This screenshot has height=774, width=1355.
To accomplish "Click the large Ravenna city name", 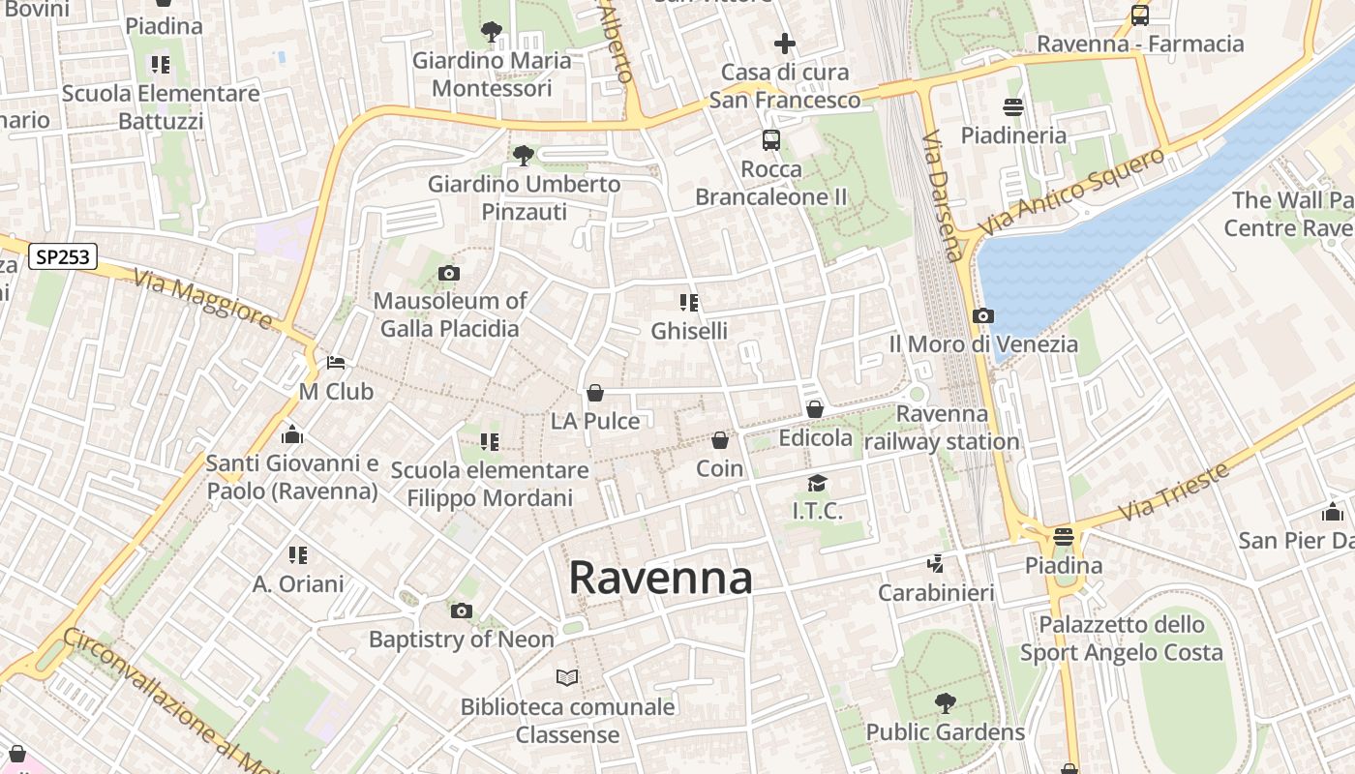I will click(660, 578).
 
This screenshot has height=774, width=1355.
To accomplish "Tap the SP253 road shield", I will click(63, 256).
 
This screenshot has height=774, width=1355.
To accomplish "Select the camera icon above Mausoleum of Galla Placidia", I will click(449, 274).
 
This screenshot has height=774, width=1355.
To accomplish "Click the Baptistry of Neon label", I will click(462, 640).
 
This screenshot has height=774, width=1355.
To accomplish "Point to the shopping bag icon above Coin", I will click(720, 441).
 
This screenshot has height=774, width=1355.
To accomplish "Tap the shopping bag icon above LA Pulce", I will click(595, 393).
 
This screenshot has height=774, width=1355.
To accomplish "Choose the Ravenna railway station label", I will click(942, 428).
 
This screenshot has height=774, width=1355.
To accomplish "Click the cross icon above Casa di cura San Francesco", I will click(785, 44).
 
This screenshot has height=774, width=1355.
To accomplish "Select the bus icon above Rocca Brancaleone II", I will click(771, 140).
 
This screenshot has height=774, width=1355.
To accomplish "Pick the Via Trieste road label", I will click(1173, 492).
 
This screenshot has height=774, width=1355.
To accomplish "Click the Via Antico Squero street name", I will click(1071, 192).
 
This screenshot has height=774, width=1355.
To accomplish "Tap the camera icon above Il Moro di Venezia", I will click(983, 316).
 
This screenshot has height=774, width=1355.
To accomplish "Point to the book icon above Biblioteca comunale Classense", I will click(567, 677).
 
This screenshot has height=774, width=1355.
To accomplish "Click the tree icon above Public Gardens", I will click(946, 703).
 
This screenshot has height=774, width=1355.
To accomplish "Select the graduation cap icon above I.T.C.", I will click(818, 483).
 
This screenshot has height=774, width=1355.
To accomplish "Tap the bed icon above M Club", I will click(336, 363).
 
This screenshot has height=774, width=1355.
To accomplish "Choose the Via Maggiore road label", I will click(203, 299).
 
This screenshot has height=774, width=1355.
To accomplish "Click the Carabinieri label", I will click(936, 592).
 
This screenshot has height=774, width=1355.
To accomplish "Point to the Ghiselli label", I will click(689, 331).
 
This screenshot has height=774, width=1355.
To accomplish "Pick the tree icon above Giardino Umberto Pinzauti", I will click(524, 155).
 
